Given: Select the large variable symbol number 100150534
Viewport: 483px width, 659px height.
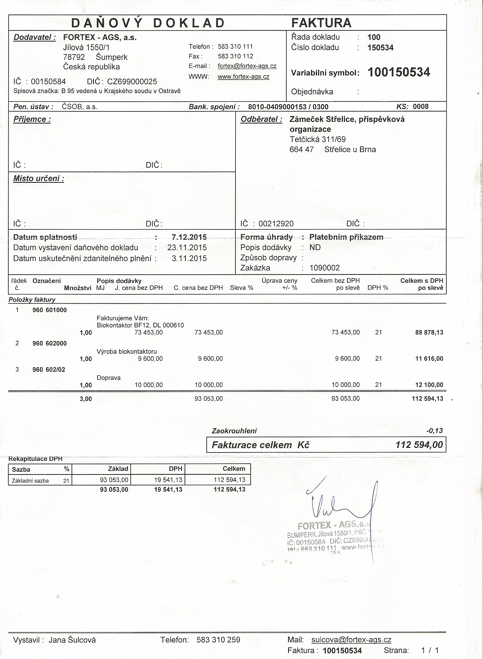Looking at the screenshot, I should (399, 72).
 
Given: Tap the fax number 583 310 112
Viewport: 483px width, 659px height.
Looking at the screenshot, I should (235, 56).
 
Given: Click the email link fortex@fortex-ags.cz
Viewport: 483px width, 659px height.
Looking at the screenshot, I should (247, 66).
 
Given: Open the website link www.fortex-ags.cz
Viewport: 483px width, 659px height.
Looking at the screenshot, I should (244, 77).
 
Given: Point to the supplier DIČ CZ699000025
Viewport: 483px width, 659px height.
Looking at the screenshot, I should (132, 82).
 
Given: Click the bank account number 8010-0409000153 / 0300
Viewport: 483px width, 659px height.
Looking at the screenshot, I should (288, 107).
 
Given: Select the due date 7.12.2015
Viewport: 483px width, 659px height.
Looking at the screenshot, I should (189, 237).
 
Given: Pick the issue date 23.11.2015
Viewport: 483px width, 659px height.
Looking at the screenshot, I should (187, 248).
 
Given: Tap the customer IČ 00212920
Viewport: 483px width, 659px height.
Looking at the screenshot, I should (276, 224).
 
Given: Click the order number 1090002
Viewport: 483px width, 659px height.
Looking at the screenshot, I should (325, 268).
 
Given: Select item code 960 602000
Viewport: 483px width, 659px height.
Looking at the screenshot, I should (50, 343).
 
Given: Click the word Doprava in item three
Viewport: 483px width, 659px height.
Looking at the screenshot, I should (109, 378).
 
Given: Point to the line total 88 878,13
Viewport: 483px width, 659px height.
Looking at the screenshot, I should (429, 333).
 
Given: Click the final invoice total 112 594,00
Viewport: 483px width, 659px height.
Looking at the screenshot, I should (419, 445).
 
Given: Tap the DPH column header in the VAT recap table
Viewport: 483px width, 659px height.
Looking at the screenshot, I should (176, 469).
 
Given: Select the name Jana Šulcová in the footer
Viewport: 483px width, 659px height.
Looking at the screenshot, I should (72, 640).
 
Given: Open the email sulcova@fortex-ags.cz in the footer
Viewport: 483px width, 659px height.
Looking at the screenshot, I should (351, 640).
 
